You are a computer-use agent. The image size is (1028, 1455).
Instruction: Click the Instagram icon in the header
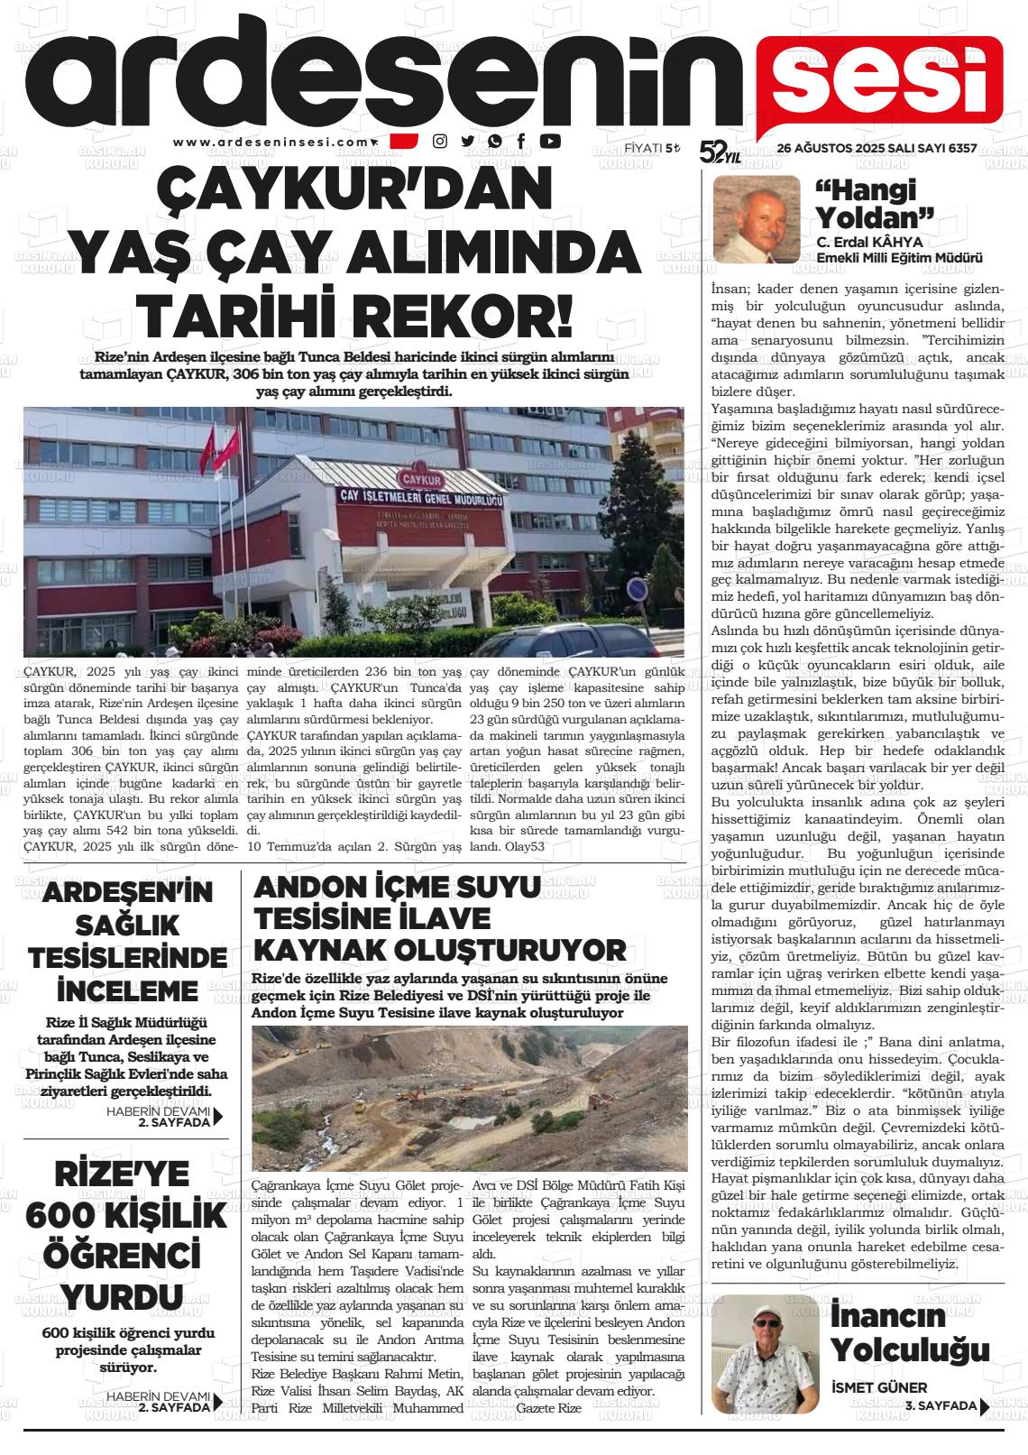(440, 141)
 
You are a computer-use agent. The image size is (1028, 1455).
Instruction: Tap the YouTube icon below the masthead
(549, 141)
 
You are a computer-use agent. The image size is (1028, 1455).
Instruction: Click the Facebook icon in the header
(522, 141)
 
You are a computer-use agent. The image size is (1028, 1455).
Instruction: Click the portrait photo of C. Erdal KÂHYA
(756, 218)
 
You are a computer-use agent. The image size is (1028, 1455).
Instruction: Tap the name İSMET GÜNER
(878, 1387)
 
